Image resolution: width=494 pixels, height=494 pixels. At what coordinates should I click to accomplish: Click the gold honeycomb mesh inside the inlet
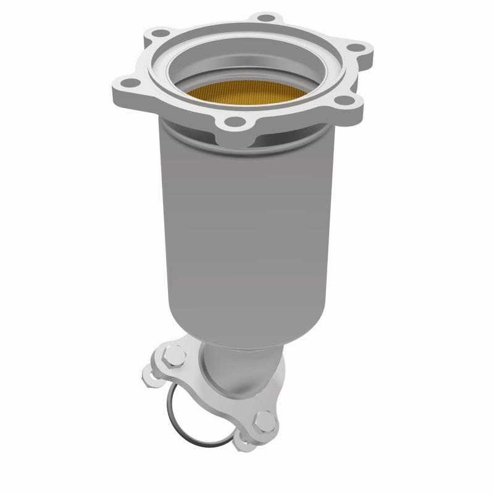click(247, 93)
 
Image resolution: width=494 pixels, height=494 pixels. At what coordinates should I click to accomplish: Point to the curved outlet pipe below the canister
click(238, 364)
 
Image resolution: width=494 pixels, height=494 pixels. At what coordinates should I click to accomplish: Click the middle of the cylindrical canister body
click(247, 228)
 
